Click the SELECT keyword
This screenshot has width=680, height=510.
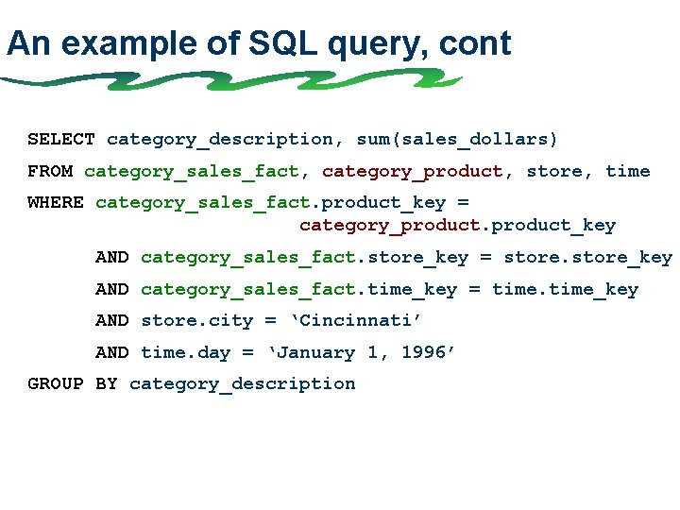[61, 140]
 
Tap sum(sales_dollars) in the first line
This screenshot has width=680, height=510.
[457, 140]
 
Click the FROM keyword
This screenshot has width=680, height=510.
[50, 171]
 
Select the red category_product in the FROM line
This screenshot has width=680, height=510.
[413, 171]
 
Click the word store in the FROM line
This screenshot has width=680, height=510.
[554, 171]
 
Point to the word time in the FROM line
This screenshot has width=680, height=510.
[627, 171]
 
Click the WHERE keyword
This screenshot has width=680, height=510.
[56, 202]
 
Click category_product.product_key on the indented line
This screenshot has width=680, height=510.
[457, 226]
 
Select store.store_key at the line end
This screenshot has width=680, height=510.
[587, 257]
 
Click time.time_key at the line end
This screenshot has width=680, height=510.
[565, 289]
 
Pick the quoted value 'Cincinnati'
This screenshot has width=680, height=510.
[361, 321]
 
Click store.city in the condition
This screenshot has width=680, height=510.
[196, 321]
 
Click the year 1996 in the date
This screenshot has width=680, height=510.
[428, 353]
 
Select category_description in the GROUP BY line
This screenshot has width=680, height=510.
[242, 384]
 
